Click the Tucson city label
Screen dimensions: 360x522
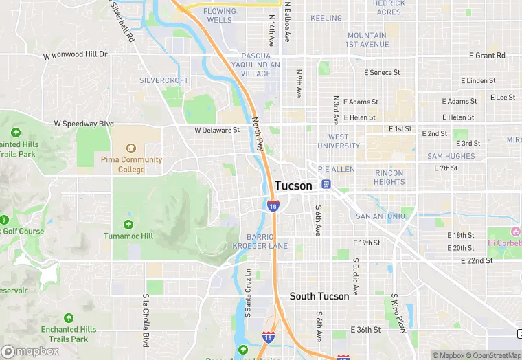[293, 185]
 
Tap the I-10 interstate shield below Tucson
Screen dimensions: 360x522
[273, 206]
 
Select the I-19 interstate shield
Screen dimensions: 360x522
[269, 338]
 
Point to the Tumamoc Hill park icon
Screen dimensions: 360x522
[128, 225]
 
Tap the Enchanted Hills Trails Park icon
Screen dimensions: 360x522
[68, 318]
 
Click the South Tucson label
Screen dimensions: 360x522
[319, 296]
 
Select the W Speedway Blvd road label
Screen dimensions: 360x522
[83, 124]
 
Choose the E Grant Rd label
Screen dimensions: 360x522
[487, 56]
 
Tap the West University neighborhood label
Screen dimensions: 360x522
[339, 141]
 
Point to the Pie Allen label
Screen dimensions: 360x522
[336, 169]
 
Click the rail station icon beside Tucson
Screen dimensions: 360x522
[326, 184]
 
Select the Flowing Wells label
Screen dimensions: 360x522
[219, 15]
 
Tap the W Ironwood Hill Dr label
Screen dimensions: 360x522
[76, 54]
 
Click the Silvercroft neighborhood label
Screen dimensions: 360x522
[163, 80]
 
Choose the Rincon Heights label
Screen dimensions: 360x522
[389, 177]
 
